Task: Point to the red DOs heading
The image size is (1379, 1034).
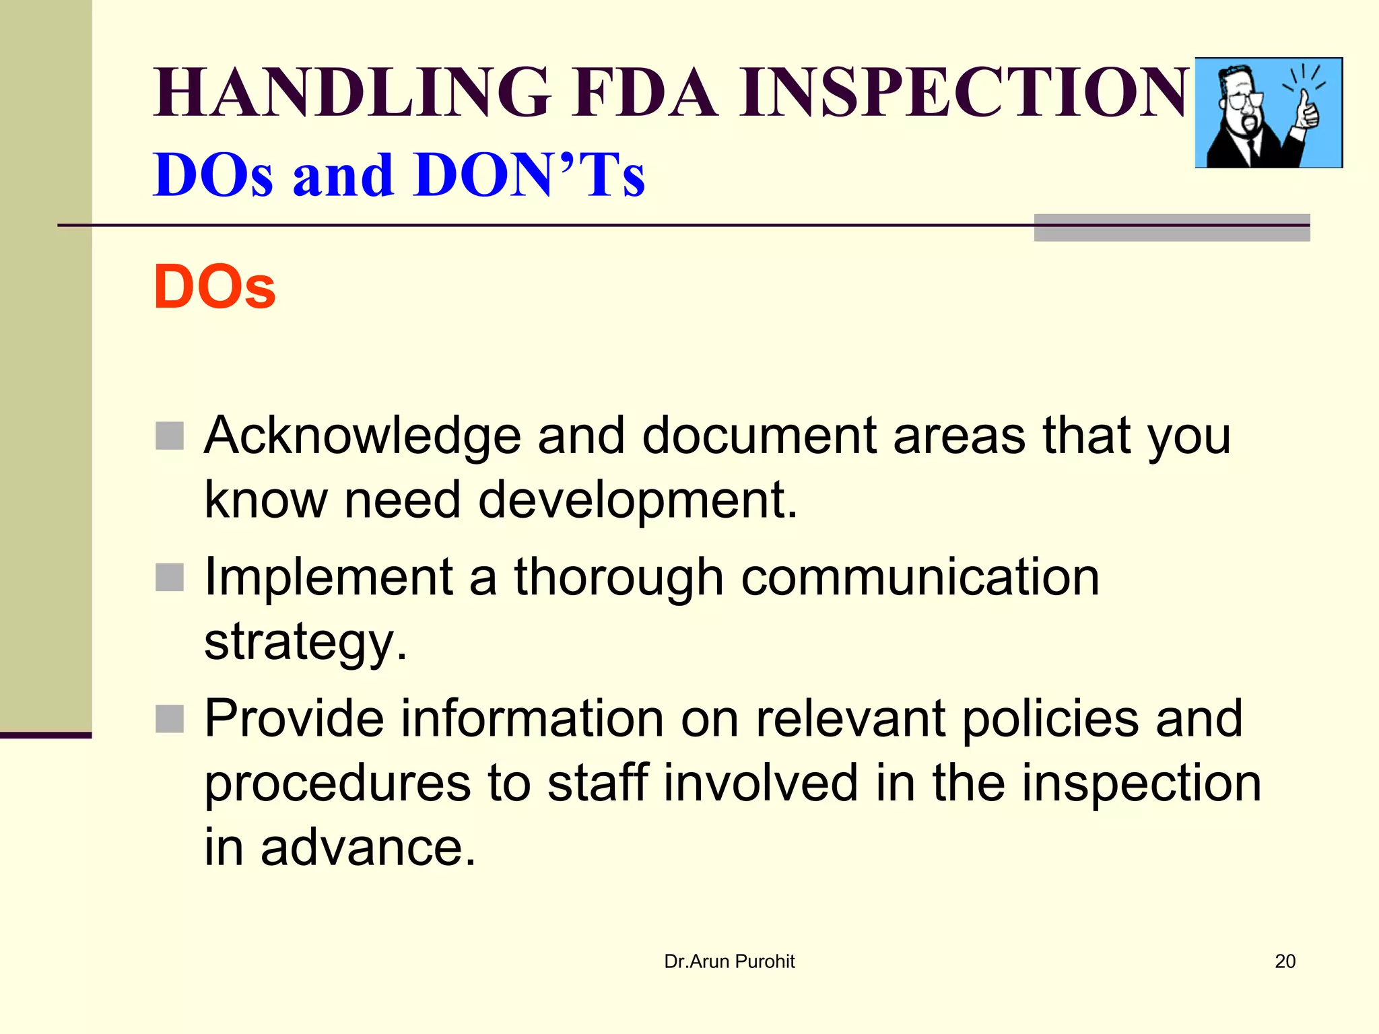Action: click(x=215, y=287)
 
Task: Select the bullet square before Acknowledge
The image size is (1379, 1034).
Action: click(x=170, y=436)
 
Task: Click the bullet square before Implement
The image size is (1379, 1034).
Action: click(x=170, y=577)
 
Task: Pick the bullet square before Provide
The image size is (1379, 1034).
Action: click(x=170, y=718)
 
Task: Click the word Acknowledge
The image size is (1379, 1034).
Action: click(x=362, y=436)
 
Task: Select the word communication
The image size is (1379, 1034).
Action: click(x=920, y=577)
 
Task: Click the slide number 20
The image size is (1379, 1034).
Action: click(x=1285, y=961)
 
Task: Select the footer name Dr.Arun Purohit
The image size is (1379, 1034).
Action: click(x=729, y=961)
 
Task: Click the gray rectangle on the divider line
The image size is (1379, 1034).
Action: click(x=1172, y=228)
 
